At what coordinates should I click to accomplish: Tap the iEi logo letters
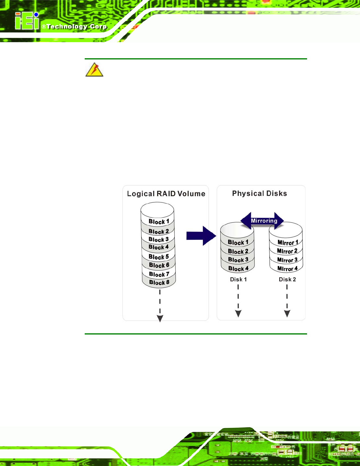coord(27,21)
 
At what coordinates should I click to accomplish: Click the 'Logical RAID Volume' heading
coord(166,194)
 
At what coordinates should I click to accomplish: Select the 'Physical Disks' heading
coord(259,194)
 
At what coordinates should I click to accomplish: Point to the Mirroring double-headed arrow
coord(262,221)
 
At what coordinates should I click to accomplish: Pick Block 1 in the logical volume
coord(159,222)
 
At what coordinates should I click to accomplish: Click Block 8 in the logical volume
coord(159,282)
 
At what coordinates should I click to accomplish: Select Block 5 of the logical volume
coord(159,257)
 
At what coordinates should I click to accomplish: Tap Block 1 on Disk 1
coord(238,242)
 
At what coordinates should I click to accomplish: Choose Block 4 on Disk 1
coord(239,269)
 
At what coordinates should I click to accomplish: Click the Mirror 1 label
coord(288,242)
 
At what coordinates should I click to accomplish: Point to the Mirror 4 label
coord(288,269)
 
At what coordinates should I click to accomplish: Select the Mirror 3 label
coord(287,260)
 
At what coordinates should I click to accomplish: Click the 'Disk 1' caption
coord(238,279)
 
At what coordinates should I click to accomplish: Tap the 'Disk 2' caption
coord(287,279)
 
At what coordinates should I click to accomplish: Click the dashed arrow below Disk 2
coord(287,301)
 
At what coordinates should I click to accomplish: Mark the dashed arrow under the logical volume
coord(160,306)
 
